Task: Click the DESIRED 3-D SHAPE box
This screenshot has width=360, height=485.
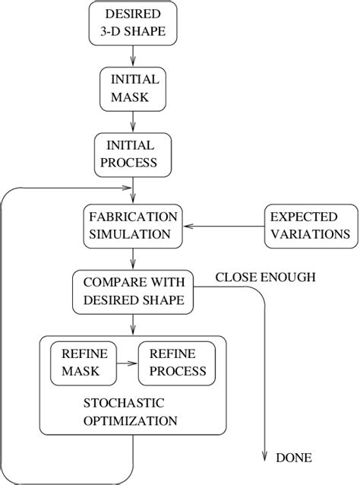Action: [x=133, y=22]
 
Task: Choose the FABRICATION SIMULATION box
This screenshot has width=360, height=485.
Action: [x=133, y=225]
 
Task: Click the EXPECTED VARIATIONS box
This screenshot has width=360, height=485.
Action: [x=310, y=225]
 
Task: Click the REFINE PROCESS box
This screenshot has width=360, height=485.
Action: [x=177, y=363]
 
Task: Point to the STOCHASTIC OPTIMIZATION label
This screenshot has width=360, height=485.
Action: [x=133, y=411]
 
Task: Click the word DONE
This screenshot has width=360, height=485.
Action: [x=293, y=458]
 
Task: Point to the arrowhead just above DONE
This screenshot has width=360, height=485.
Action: [x=264, y=454]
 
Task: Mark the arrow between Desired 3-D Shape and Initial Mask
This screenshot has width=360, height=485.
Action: [x=134, y=55]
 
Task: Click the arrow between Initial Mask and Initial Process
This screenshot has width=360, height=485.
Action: [x=134, y=121]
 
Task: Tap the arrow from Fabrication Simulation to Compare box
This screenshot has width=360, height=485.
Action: [x=134, y=258]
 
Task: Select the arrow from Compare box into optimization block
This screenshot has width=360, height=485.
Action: [x=134, y=324]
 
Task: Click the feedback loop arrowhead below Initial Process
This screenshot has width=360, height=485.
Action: [x=127, y=188]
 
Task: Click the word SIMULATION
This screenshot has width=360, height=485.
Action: [x=133, y=233]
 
